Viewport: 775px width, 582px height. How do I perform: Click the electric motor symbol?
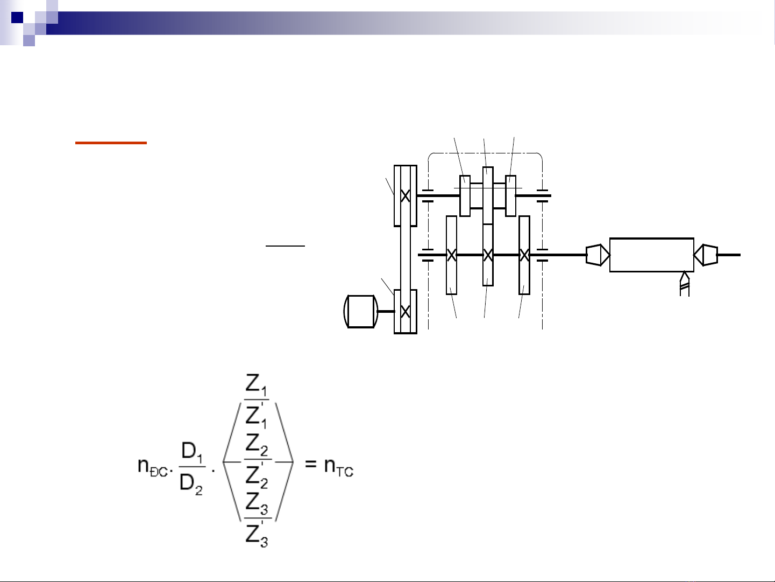coord(361,311)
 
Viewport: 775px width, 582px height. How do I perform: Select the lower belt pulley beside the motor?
coord(406,311)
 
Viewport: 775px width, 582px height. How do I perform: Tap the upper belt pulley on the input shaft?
coord(406,196)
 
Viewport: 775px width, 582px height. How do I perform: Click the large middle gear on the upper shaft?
coord(488,195)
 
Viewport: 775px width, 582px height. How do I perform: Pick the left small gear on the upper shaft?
coord(465,196)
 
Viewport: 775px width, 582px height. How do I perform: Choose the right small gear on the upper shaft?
coord(510,196)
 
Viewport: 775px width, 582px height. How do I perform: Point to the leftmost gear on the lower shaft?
coord(452,255)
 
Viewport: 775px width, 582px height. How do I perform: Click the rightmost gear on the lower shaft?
coord(524,255)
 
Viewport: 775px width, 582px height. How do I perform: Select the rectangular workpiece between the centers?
coord(652,255)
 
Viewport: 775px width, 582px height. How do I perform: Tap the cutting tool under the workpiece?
coord(685,283)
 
